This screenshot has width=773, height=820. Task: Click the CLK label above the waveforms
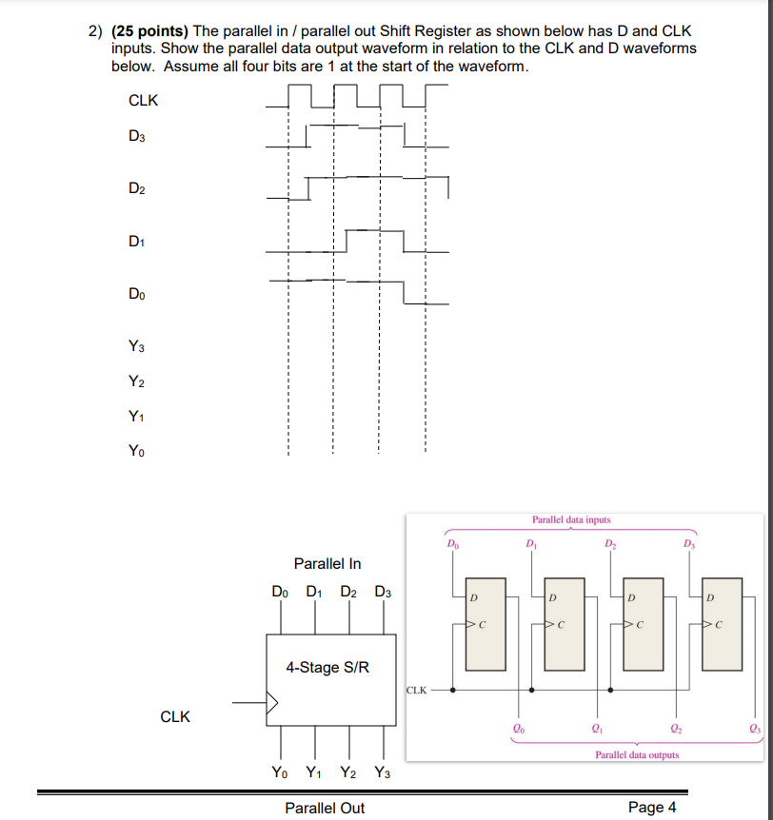(x=143, y=100)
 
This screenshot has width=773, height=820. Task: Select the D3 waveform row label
(x=137, y=136)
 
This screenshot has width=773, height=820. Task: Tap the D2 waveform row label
(x=137, y=188)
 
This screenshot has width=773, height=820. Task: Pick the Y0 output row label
(x=137, y=452)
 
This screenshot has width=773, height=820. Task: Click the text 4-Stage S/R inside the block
(x=327, y=667)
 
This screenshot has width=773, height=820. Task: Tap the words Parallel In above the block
(x=327, y=564)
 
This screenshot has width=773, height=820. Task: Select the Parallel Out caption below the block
(x=325, y=808)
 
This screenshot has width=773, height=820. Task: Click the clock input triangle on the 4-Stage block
(x=272, y=704)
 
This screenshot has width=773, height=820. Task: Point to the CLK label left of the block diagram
(x=175, y=717)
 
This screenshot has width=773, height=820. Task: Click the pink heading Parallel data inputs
(x=571, y=520)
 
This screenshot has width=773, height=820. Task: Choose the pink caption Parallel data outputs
(x=637, y=754)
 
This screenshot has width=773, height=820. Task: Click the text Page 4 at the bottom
(x=652, y=808)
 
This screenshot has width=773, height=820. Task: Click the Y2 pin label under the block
(x=348, y=772)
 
